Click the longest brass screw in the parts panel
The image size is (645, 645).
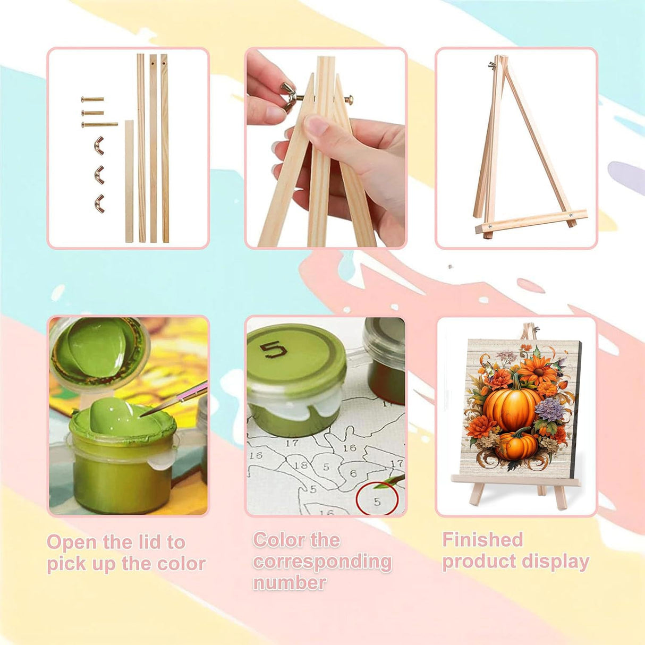click(99, 124)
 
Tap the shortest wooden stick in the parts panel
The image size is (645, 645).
click(129, 181)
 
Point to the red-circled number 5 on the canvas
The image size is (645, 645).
click(377, 502)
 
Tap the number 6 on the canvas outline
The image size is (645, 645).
click(353, 473)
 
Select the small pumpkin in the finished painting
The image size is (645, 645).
click(516, 446)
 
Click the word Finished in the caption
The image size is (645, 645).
click(482, 539)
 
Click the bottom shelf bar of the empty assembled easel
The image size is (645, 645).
click(531, 221)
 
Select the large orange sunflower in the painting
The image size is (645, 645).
click(537, 370)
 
